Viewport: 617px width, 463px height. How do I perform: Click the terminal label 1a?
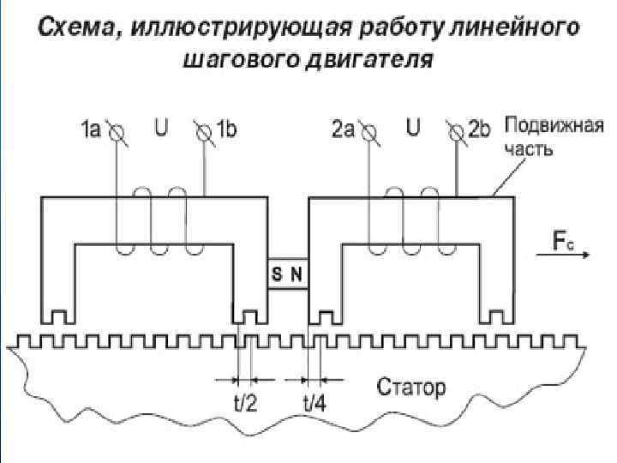pyautogui.click(x=90, y=130)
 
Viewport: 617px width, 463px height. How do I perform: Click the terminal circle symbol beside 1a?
pyautogui.click(x=117, y=132)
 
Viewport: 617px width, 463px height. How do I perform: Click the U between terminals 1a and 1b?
pyautogui.click(x=160, y=129)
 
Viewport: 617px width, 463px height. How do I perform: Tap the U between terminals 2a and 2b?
pyautogui.click(x=412, y=129)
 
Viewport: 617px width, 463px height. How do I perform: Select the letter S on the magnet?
pyautogui.click(x=278, y=274)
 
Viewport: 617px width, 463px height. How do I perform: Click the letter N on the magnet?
pyautogui.click(x=297, y=274)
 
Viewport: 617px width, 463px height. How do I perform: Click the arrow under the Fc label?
pyautogui.click(x=565, y=254)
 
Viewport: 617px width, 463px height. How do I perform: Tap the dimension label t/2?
pyautogui.click(x=245, y=403)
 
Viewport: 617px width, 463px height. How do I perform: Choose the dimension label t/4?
pyautogui.click(x=314, y=403)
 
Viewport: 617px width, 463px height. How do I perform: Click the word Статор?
pyautogui.click(x=411, y=388)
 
